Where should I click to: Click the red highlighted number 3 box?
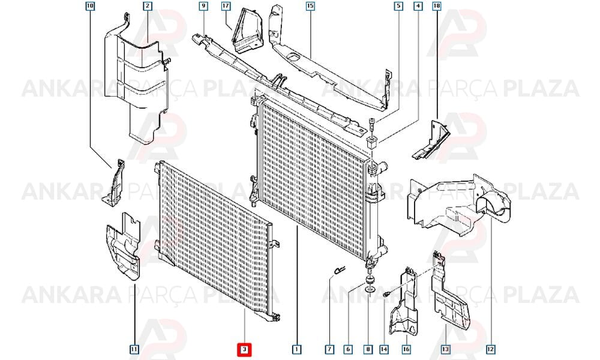click(244, 349)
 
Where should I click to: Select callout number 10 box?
click(90, 6)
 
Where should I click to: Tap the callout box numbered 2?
click(148, 6)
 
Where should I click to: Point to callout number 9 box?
click(203, 6)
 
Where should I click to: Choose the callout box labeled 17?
click(226, 6)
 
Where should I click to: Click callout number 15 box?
click(310, 6)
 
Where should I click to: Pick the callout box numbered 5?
click(399, 6)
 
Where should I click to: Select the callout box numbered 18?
click(437, 6)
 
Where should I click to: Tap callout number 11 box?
click(134, 349)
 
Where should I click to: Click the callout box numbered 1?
click(296, 349)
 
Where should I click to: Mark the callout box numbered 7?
click(329, 349)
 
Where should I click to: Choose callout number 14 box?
click(384, 349)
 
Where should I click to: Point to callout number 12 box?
click(491, 349)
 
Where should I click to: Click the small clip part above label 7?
click(339, 270)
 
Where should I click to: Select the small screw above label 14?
click(386, 294)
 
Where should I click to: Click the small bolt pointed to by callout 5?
click(371, 125)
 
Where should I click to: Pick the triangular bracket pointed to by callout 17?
click(247, 31)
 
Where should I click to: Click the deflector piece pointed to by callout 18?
click(431, 140)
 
